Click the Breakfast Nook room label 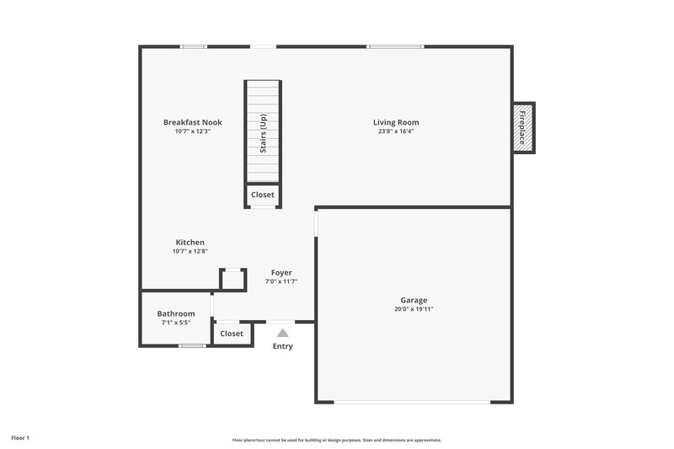tap(192, 122)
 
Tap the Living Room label tap(396, 122)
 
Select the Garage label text tap(414, 300)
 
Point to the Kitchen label tap(190, 243)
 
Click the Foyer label tap(281, 272)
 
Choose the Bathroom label tap(176, 313)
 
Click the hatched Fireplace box tap(523, 127)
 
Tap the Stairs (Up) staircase tap(263, 131)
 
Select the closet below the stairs tap(263, 195)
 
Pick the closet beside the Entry tap(232, 334)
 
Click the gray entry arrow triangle tap(283, 333)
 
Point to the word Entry tap(283, 346)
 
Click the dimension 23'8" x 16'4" tap(396, 131)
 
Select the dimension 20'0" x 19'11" tap(414, 309)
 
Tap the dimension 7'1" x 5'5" tap(176, 323)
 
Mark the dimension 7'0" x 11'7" tap(281, 281)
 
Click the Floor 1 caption tap(20, 438)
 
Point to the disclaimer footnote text tap(337, 440)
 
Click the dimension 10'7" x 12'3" tap(192, 131)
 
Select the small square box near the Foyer tap(232, 279)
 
